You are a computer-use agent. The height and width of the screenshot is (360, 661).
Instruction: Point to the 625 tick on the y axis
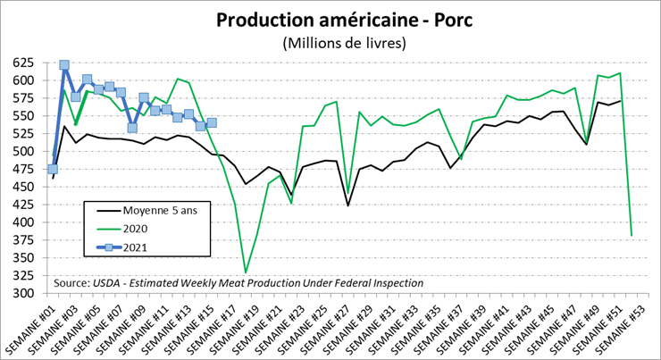(24, 63)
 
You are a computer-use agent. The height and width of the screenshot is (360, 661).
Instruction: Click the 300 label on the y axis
(24, 293)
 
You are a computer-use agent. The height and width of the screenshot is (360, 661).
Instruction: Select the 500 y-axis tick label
(24, 151)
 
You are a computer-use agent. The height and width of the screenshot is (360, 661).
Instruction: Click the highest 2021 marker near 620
(64, 65)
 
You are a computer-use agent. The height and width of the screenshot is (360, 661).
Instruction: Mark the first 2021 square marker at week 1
(53, 169)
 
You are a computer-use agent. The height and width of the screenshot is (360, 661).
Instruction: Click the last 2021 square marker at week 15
(212, 122)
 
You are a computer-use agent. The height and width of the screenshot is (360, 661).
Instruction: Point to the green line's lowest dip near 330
(246, 272)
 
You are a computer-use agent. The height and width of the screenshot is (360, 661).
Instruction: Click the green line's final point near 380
(632, 236)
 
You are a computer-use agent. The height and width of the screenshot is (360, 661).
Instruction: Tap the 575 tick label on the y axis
(24, 98)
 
